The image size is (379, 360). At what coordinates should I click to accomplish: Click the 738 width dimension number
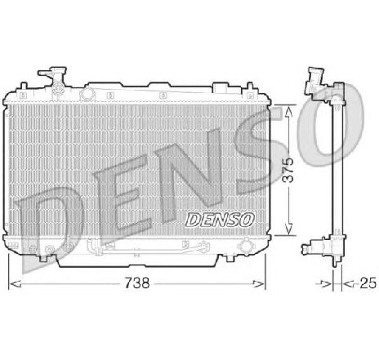(x=138, y=285)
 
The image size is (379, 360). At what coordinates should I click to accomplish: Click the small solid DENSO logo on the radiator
(x=221, y=218)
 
